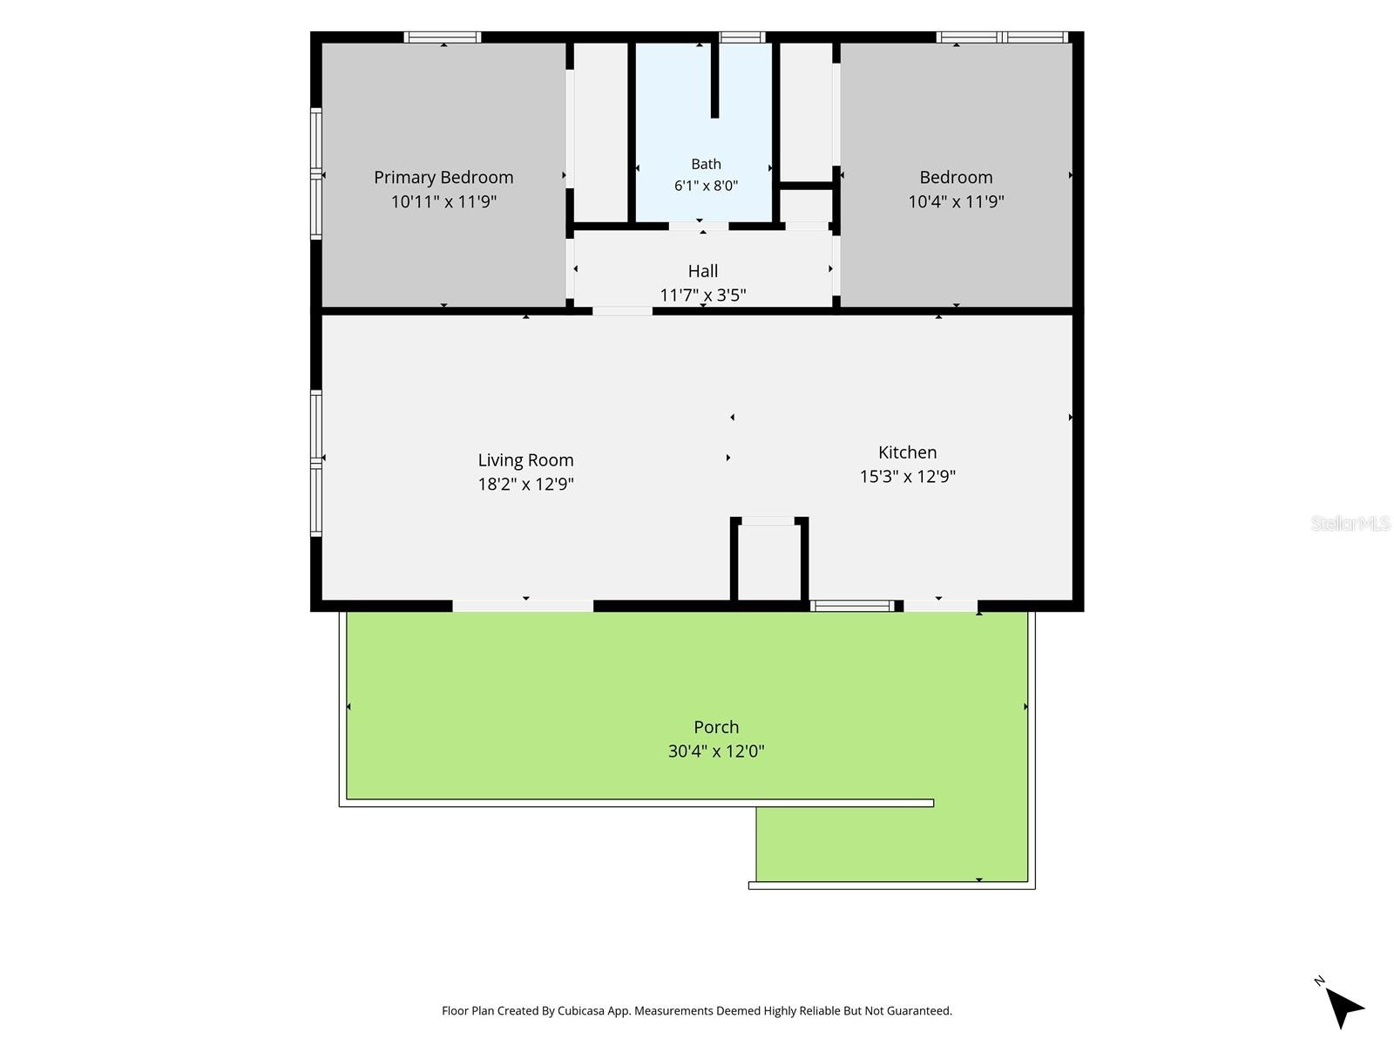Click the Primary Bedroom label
[443, 177]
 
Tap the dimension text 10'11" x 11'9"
[443, 202]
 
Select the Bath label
[706, 164]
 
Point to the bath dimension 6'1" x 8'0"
[706, 186]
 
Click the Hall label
[702, 271]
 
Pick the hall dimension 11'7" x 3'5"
[702, 295]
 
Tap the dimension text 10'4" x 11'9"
[955, 202]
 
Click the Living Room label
[525, 460]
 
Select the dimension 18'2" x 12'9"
[525, 484]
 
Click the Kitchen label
[907, 452]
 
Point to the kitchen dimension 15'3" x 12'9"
[907, 476]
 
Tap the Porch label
[716, 727]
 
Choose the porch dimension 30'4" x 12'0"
[716, 751]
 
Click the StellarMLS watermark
[1350, 523]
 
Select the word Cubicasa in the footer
[581, 1010]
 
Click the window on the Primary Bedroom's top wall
[442, 37]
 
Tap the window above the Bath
[741, 37]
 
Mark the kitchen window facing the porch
[851, 606]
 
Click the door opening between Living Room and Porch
[523, 606]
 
